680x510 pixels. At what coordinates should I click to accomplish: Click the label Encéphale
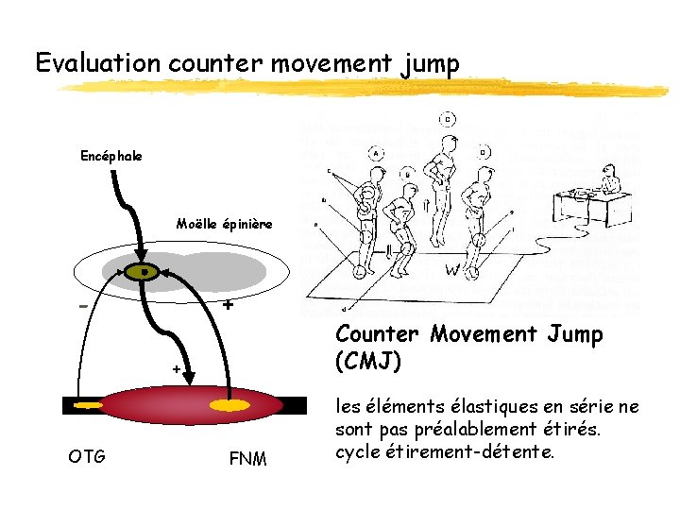pyautogui.click(x=111, y=156)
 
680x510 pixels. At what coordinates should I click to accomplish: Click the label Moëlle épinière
pyautogui.click(x=224, y=224)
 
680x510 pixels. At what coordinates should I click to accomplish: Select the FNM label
pyautogui.click(x=248, y=459)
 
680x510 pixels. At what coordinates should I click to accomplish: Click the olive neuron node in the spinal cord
pyautogui.click(x=144, y=272)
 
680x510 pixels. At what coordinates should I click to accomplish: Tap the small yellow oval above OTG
pyautogui.click(x=87, y=407)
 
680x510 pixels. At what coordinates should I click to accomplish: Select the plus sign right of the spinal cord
pyautogui.click(x=228, y=306)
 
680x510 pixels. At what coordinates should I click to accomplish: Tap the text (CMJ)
pyautogui.click(x=368, y=360)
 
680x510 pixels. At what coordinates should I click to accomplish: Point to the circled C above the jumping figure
pyautogui.click(x=447, y=119)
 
